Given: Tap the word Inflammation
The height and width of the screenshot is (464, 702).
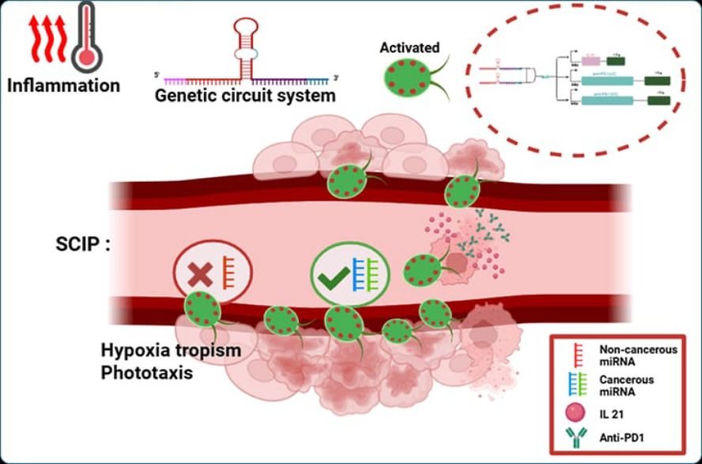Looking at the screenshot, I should pyautogui.click(x=63, y=85).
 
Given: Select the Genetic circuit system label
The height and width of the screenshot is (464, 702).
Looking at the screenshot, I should pyautogui.click(x=245, y=96).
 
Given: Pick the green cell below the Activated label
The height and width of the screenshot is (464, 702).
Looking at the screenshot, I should pyautogui.click(x=406, y=81).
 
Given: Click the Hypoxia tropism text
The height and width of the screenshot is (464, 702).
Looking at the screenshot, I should pyautogui.click(x=170, y=350).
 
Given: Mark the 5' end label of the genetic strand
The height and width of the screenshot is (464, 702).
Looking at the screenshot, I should pyautogui.click(x=158, y=74).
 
